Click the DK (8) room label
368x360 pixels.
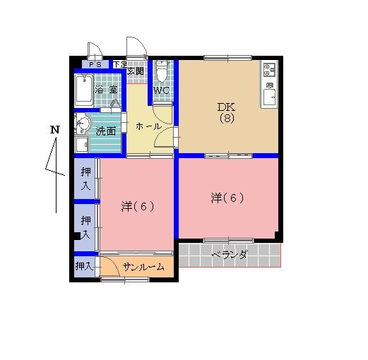pyautogui.click(x=227, y=113)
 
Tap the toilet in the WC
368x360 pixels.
pyautogui.click(x=162, y=71)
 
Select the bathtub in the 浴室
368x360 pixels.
pyautogui.click(x=84, y=90)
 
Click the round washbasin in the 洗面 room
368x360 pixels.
pyautogui.click(x=83, y=123)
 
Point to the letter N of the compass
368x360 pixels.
pyautogui.click(x=55, y=130)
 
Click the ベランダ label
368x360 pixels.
pyautogui.click(x=230, y=255)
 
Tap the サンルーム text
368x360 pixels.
pyautogui.click(x=143, y=267)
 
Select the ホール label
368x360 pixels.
pyautogui.click(x=148, y=126)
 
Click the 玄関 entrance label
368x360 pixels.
pyautogui.click(x=136, y=71)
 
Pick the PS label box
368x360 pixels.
pyautogui.click(x=95, y=64)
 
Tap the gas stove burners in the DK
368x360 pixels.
pyautogui.click(x=269, y=69)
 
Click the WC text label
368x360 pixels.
pyautogui.click(x=161, y=90)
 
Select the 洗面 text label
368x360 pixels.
pyautogui.click(x=106, y=131)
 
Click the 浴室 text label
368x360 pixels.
pyautogui.click(x=106, y=90)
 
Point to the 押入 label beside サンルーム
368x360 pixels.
pyautogui.click(x=83, y=266)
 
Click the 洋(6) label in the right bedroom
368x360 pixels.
pyautogui.click(x=227, y=198)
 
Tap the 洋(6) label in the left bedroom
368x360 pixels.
pyautogui.click(x=138, y=206)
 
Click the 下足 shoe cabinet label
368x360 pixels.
pyautogui.click(x=120, y=64)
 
